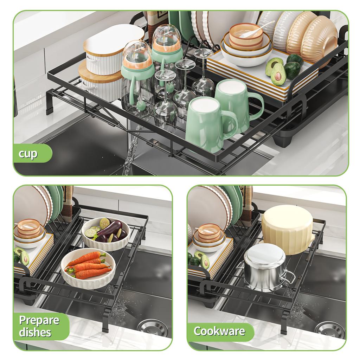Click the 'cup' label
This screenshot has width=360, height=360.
tap(28, 154)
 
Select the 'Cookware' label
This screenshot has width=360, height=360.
tap(220, 331)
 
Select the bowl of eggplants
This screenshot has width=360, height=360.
tap(105, 233)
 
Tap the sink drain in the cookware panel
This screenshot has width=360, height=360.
tap(329, 329)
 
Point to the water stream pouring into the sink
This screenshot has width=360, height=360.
tap(130, 155)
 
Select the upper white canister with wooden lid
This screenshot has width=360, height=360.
tap(112, 49)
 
